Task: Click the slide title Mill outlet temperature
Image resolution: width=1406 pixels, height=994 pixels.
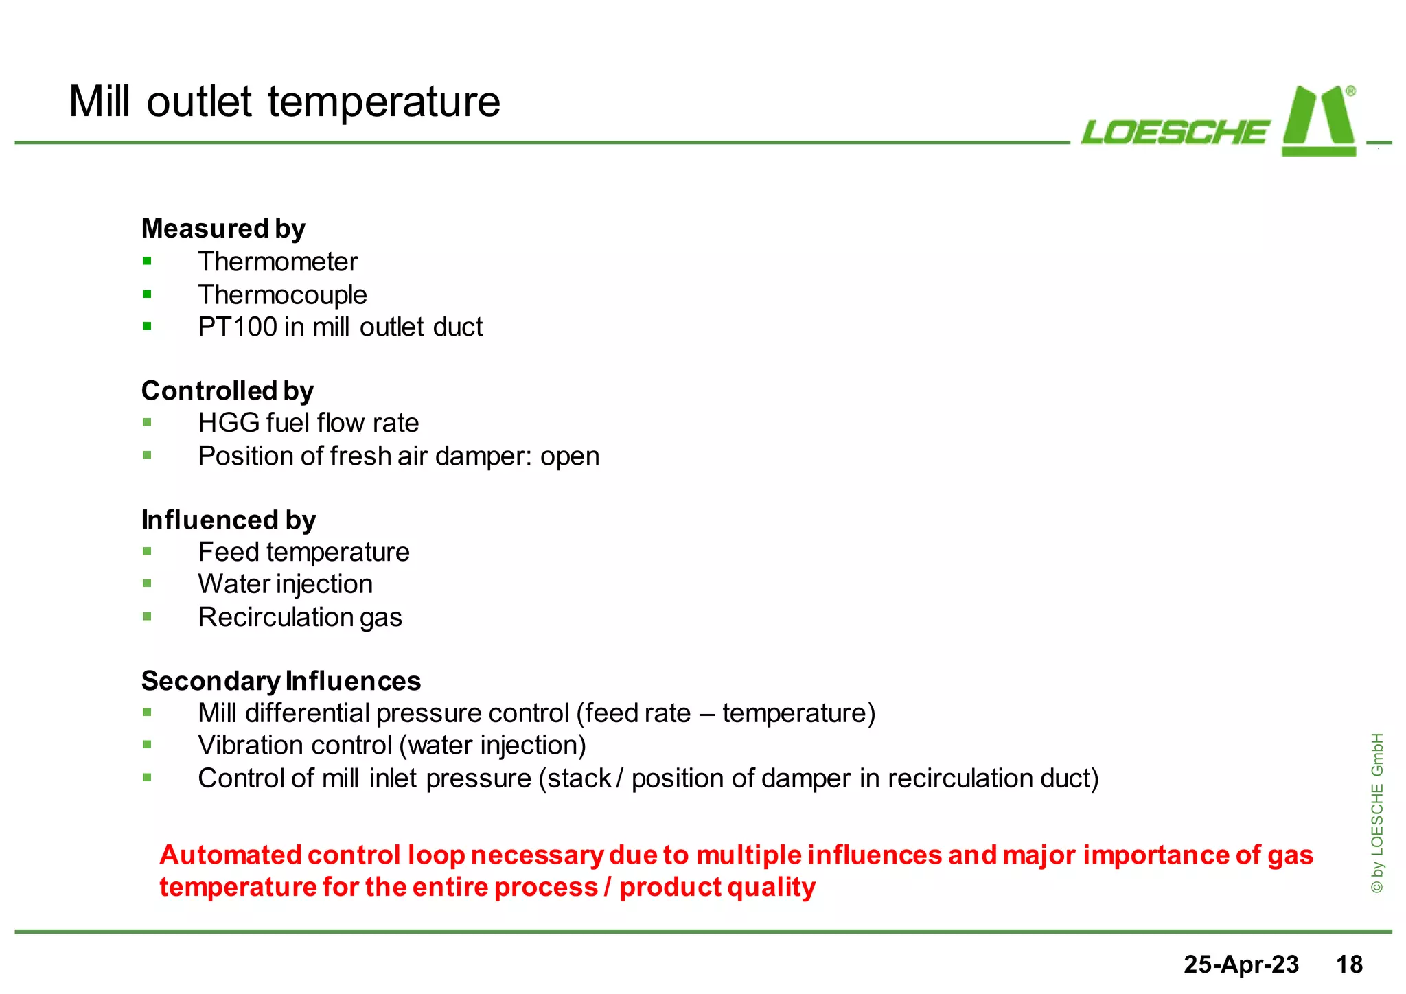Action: click(284, 102)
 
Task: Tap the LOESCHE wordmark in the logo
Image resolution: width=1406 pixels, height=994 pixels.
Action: click(1175, 132)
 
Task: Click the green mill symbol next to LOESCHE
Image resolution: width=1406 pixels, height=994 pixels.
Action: click(1318, 122)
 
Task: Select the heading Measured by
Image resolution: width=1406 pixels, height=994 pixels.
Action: click(223, 229)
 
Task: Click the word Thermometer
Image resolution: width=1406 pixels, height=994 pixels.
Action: click(277, 262)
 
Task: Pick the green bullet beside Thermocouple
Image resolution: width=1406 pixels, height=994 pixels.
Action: click(147, 294)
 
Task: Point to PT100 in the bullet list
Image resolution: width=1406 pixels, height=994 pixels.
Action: click(237, 327)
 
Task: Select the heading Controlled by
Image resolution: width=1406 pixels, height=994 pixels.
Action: click(227, 391)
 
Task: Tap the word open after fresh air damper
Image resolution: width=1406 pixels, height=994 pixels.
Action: click(569, 456)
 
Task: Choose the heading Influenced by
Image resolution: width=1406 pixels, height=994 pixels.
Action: click(228, 520)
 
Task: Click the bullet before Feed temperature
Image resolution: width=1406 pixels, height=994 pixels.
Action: click(147, 551)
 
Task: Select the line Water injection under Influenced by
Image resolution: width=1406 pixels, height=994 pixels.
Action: click(285, 584)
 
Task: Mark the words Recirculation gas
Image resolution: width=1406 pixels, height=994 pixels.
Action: click(299, 617)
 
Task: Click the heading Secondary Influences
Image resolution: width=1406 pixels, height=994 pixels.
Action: click(281, 681)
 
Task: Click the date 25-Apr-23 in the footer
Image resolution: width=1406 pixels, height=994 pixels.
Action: click(1241, 964)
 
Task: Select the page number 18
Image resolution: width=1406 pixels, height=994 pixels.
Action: click(1348, 964)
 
